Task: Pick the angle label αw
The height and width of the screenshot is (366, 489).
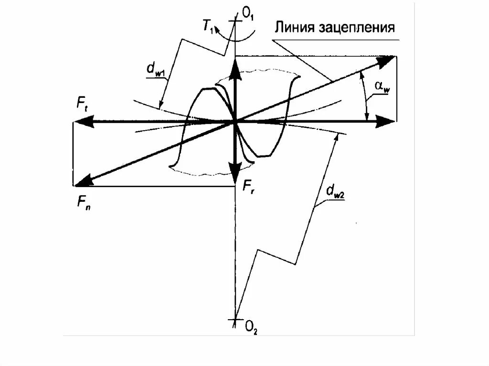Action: coord(380,86)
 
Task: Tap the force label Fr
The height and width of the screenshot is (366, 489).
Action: coord(247,188)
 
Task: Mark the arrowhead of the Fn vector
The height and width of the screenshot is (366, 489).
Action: coord(82,180)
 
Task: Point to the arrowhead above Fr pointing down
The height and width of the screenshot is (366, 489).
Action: coord(235,170)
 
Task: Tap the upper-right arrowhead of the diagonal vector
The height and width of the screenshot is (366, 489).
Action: coord(388,60)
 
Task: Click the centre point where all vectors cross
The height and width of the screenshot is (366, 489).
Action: coord(235,122)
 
